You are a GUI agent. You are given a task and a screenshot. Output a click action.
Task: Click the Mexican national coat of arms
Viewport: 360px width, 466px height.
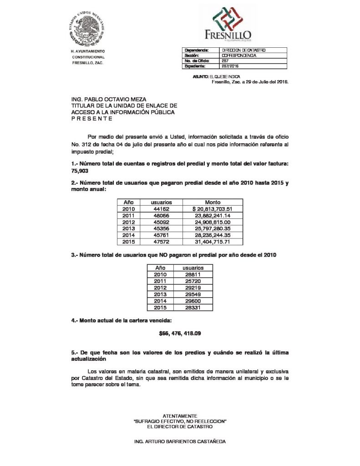pos(89,27)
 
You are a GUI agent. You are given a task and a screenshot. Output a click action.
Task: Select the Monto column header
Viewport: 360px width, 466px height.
pos(213,202)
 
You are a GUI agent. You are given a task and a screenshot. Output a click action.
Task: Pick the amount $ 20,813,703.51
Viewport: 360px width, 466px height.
pos(213,208)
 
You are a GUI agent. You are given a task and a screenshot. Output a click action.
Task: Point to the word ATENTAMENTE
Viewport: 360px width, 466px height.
pos(180,416)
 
